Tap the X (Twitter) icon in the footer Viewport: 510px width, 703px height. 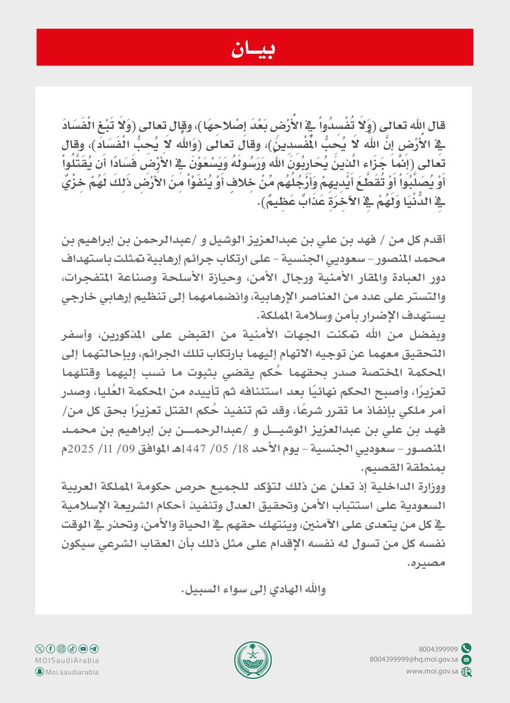[x=40, y=649]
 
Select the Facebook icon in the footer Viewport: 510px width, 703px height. [x=50, y=649]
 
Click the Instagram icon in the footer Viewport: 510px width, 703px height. [x=61, y=649]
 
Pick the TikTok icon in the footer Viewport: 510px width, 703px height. [x=72, y=649]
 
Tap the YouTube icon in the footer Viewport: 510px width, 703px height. [x=83, y=649]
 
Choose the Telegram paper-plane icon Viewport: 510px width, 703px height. [x=94, y=649]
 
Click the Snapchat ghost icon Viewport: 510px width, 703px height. [x=39, y=672]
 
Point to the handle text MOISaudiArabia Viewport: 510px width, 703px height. [x=67, y=660]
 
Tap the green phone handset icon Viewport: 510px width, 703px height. [x=466, y=648]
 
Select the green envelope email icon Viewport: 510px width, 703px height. [x=466, y=660]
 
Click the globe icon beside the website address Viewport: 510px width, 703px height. [x=466, y=672]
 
